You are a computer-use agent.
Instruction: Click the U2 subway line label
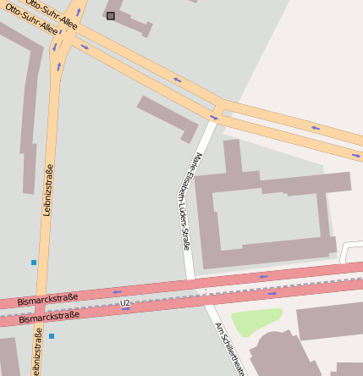pyautogui.click(x=125, y=302)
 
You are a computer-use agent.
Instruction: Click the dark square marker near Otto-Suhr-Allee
pyautogui.click(x=111, y=15)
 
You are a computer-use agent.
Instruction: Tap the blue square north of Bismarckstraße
pyautogui.click(x=34, y=263)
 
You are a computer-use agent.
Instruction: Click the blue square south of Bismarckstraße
pyautogui.click(x=51, y=336)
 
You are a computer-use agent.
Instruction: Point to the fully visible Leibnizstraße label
pyautogui.click(x=47, y=190)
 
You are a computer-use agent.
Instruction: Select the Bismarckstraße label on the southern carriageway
pyautogui.click(x=49, y=317)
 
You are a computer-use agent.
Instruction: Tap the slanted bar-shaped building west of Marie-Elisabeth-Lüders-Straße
pyautogui.click(x=167, y=117)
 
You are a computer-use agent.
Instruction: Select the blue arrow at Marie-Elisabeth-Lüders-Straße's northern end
pyautogui.click(x=214, y=117)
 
